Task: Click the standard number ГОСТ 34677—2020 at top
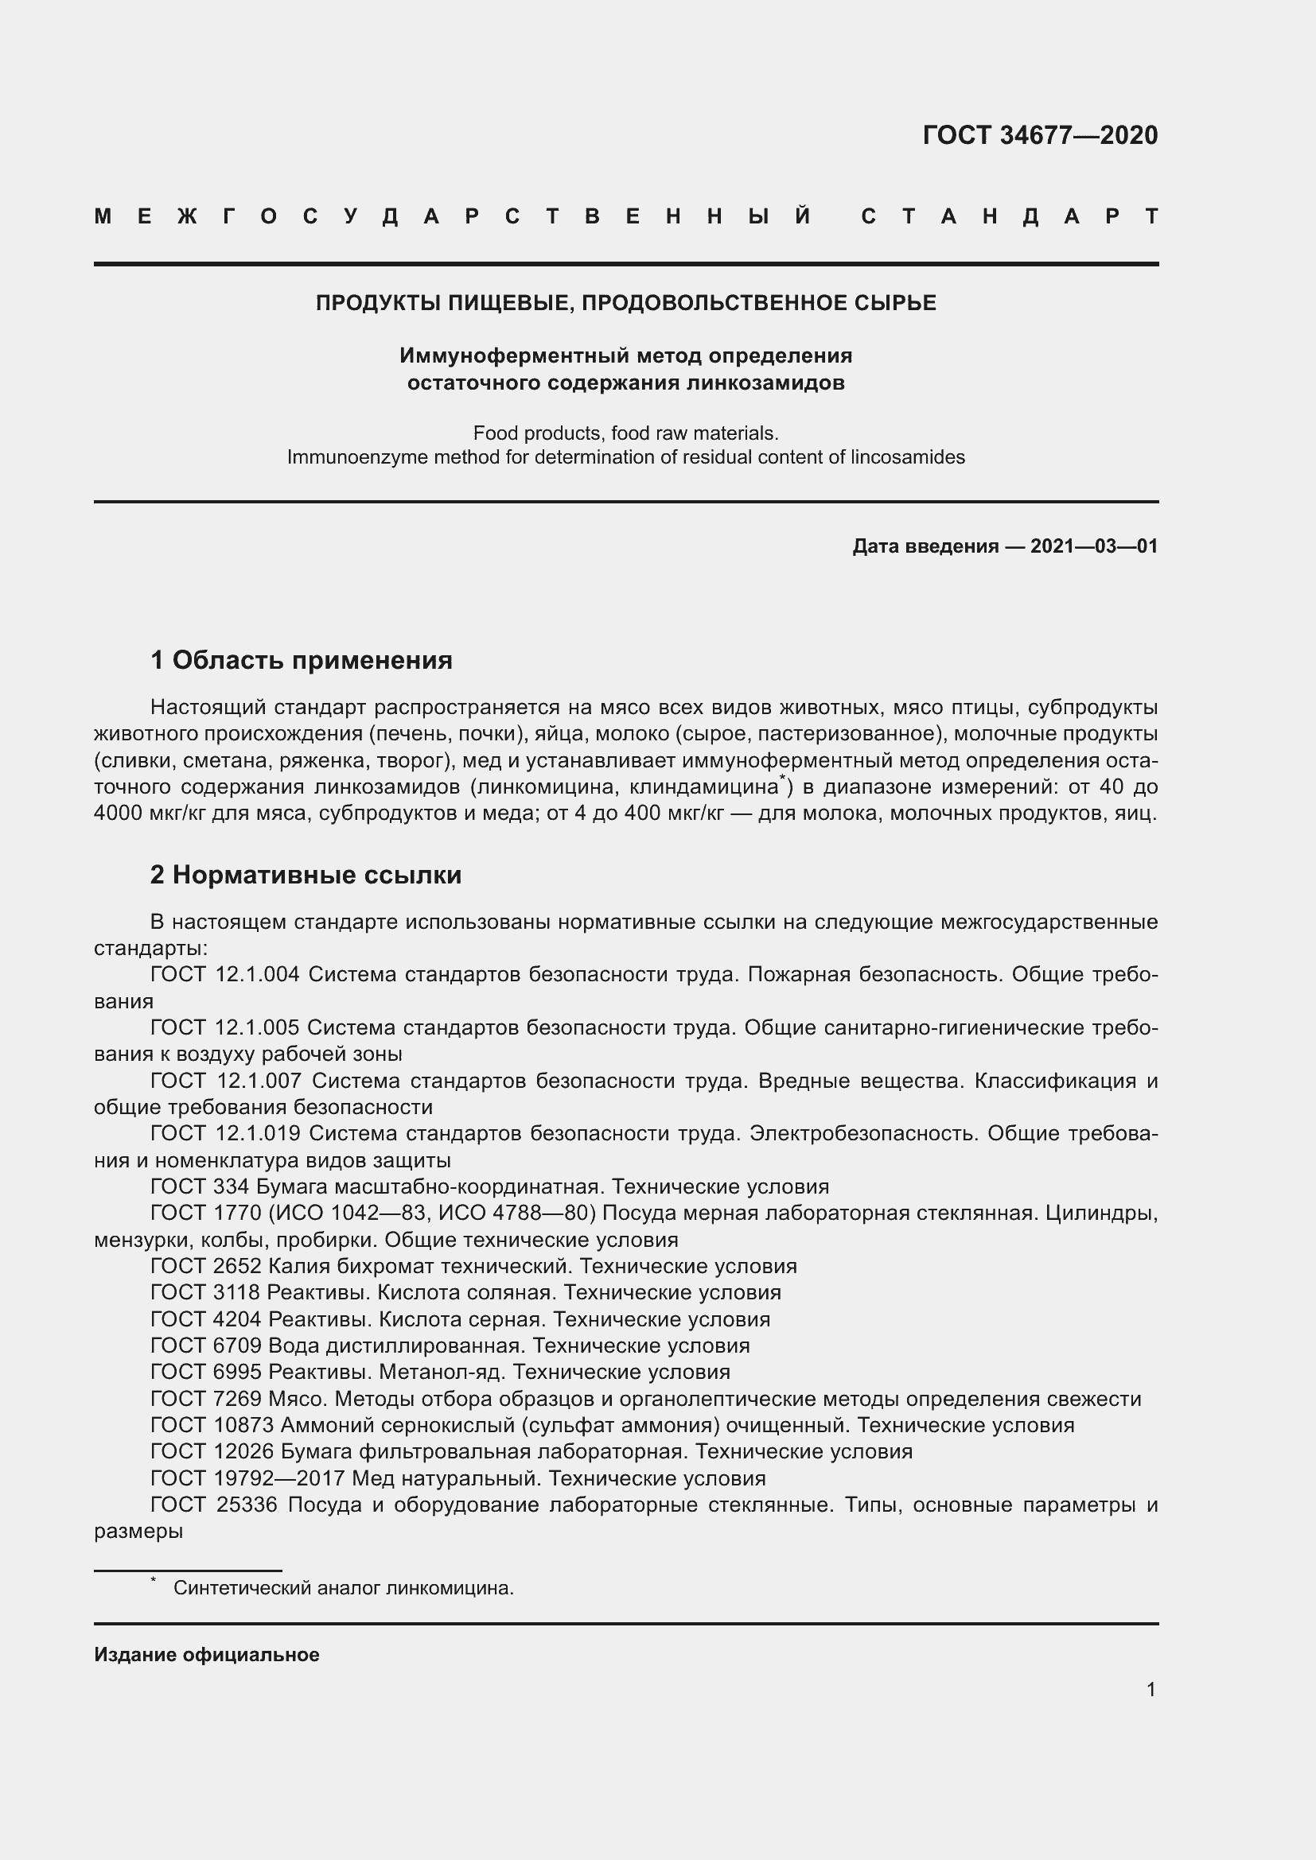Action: (x=1040, y=135)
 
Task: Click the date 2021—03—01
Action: (x=1093, y=546)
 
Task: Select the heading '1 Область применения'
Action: (x=302, y=660)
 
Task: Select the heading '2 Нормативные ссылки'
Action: (x=306, y=875)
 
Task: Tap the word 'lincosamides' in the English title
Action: (x=907, y=457)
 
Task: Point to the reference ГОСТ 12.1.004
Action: (x=224, y=975)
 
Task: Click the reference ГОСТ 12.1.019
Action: (x=225, y=1133)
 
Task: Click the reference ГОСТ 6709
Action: (x=206, y=1345)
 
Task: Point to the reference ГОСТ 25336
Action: (x=214, y=1505)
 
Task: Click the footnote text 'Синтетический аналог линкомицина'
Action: (x=343, y=1588)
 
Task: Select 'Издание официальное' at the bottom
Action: (x=207, y=1654)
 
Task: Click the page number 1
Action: (x=1151, y=1689)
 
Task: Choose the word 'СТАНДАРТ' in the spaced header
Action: (x=1010, y=217)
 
